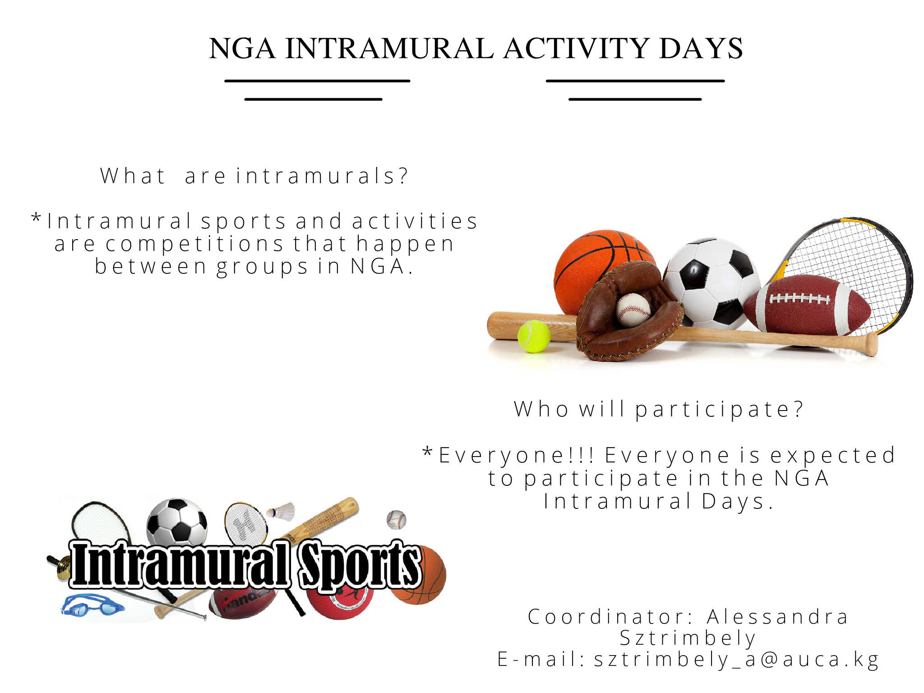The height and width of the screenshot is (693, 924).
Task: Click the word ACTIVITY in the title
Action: [x=577, y=48]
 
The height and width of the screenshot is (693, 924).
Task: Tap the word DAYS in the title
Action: [x=701, y=48]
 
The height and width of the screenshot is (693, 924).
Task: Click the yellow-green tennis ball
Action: [x=534, y=336]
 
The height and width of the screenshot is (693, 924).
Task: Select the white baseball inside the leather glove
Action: [x=633, y=310]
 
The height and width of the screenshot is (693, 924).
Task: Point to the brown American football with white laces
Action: [x=807, y=305]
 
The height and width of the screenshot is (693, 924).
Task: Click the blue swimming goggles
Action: [x=92, y=605]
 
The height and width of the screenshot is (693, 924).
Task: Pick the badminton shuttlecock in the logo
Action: [x=281, y=512]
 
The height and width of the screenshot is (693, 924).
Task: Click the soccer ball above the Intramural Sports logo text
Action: [x=177, y=521]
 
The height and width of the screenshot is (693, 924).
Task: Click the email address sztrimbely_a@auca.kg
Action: [x=736, y=660]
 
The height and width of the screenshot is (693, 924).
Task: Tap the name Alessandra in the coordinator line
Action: [x=778, y=617]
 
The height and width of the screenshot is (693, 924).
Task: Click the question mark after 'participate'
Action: [x=799, y=408]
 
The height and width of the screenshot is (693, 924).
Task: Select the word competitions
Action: [x=194, y=244]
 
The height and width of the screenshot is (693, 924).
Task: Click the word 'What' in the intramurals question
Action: [x=133, y=176]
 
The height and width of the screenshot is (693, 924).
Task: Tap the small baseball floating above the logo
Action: [x=396, y=520]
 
